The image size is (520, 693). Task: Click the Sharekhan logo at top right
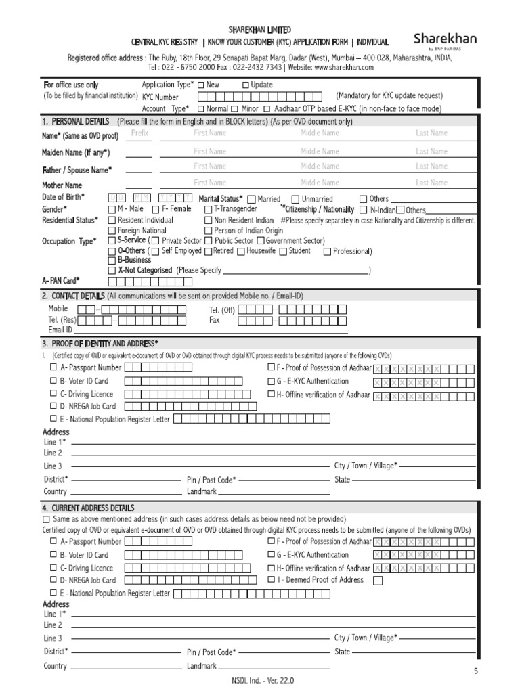tap(445, 40)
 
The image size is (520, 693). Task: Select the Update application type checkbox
tap(246, 85)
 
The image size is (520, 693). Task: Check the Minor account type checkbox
tap(234, 108)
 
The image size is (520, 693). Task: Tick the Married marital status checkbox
tap(252, 199)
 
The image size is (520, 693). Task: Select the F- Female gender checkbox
tap(156, 209)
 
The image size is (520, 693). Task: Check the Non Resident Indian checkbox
tap(209, 220)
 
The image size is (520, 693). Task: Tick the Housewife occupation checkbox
tap(240, 251)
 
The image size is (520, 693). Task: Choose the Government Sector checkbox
tap(261, 240)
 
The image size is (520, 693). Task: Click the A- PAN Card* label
tap(61, 280)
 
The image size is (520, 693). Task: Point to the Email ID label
tap(60, 330)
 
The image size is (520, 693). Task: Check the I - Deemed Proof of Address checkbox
tap(378, 580)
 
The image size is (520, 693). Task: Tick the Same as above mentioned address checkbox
tap(45, 518)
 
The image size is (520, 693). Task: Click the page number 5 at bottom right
tap(475, 671)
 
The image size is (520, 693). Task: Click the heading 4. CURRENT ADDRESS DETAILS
tap(88, 508)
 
